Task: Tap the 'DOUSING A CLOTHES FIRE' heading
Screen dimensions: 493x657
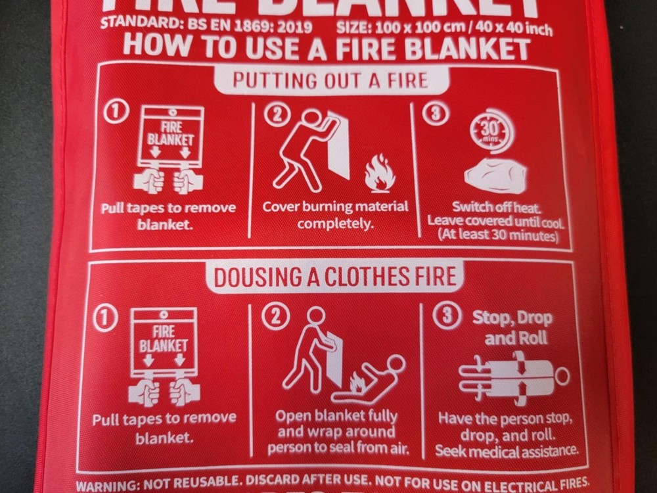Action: click(334, 276)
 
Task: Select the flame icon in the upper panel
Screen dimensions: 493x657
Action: click(379, 173)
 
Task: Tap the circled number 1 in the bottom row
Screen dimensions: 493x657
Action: click(107, 318)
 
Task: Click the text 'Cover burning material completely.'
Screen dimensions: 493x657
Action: click(334, 214)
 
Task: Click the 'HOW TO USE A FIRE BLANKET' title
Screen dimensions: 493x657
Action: click(327, 48)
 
